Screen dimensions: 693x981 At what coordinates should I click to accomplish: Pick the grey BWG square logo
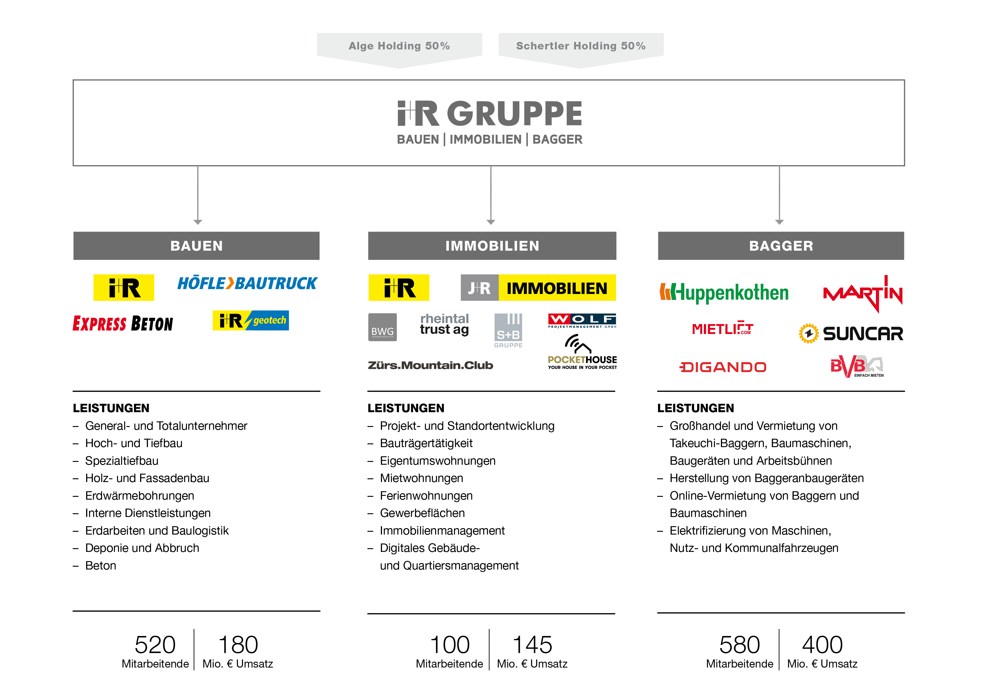tap(382, 327)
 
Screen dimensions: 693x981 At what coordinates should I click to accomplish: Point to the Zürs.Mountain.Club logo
tap(430, 366)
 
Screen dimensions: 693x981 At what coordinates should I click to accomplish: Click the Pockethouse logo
tap(582, 352)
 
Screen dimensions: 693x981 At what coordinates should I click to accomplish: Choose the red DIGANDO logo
tap(723, 367)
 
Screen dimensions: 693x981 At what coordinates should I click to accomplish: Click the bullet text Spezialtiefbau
tap(122, 461)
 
